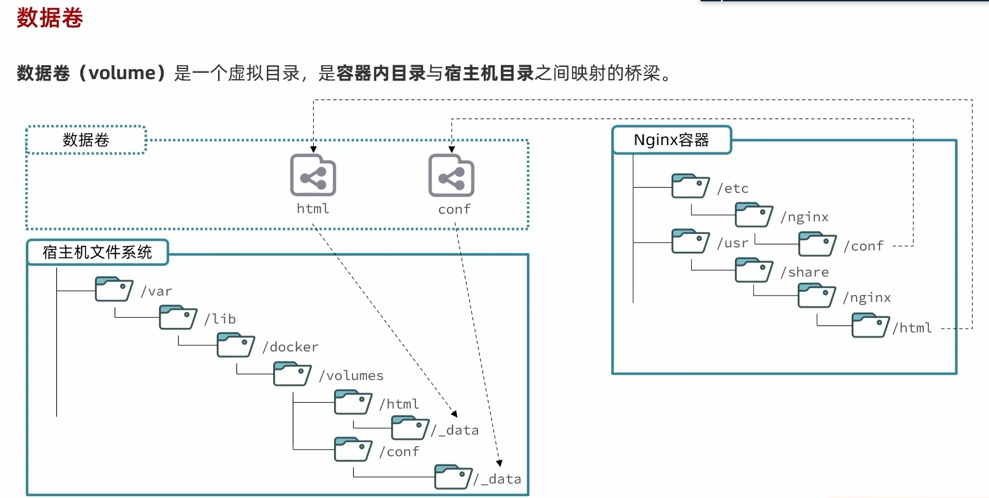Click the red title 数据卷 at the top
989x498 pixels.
point(49,18)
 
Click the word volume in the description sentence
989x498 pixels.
point(122,73)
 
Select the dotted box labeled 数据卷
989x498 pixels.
point(86,140)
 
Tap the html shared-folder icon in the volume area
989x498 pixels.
point(313,175)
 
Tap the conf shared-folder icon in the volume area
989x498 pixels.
point(451,175)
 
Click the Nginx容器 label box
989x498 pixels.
point(671,140)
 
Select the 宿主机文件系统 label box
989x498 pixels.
point(97,252)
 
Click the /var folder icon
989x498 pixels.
point(114,289)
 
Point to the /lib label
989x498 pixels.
point(220,319)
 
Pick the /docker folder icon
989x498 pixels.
point(236,345)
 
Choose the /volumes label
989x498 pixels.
point(351,375)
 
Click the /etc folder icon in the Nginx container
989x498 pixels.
point(690,186)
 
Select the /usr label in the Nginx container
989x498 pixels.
point(733,243)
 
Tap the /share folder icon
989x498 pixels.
point(753,270)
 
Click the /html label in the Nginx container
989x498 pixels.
point(912,328)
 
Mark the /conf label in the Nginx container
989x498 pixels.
point(863,246)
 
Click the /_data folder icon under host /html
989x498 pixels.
point(410,428)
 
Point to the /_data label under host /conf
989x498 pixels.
point(497,479)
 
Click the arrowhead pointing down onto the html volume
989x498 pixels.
point(313,149)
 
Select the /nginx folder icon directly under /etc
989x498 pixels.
point(753,215)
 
